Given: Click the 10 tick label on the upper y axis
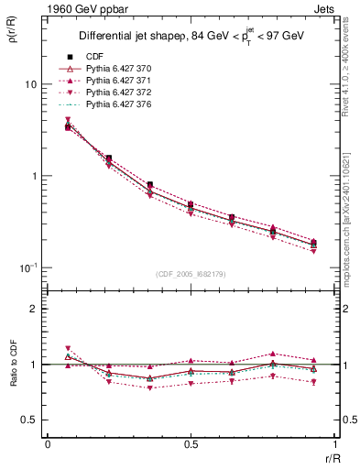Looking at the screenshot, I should coord(30,84).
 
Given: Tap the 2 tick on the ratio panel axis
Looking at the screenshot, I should coord(35,310).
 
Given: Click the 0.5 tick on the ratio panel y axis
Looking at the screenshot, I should coord(30,420).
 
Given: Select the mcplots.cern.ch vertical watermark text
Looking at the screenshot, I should coord(348,211).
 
